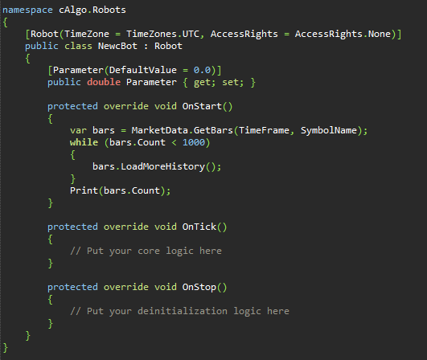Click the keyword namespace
[27, 10]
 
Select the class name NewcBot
[117, 46]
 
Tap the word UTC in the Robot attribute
[191, 34]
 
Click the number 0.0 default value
[202, 70]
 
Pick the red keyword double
[104, 82]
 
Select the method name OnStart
[202, 106]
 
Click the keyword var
[79, 131]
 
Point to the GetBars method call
[213, 130]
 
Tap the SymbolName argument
[329, 131]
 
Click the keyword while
[84, 142]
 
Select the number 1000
[194, 142]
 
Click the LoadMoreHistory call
[162, 166]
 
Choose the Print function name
[84, 190]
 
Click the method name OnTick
[199, 227]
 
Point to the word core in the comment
[149, 251]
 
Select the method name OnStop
[199, 288]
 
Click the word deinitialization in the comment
[183, 311]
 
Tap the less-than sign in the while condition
[174, 142]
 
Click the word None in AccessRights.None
[380, 34]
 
